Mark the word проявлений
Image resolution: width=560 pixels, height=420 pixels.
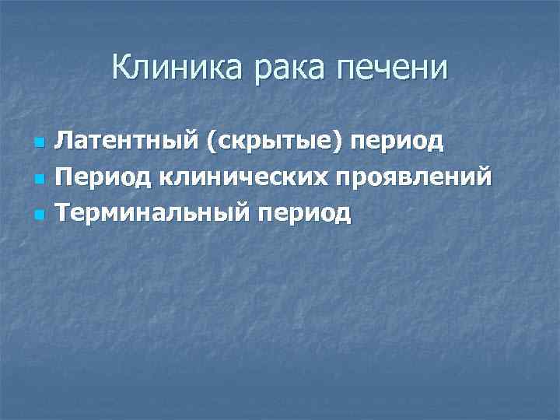click(412, 177)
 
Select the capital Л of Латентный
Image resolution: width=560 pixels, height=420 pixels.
click(66, 142)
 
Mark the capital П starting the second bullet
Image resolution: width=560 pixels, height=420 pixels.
click(67, 177)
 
